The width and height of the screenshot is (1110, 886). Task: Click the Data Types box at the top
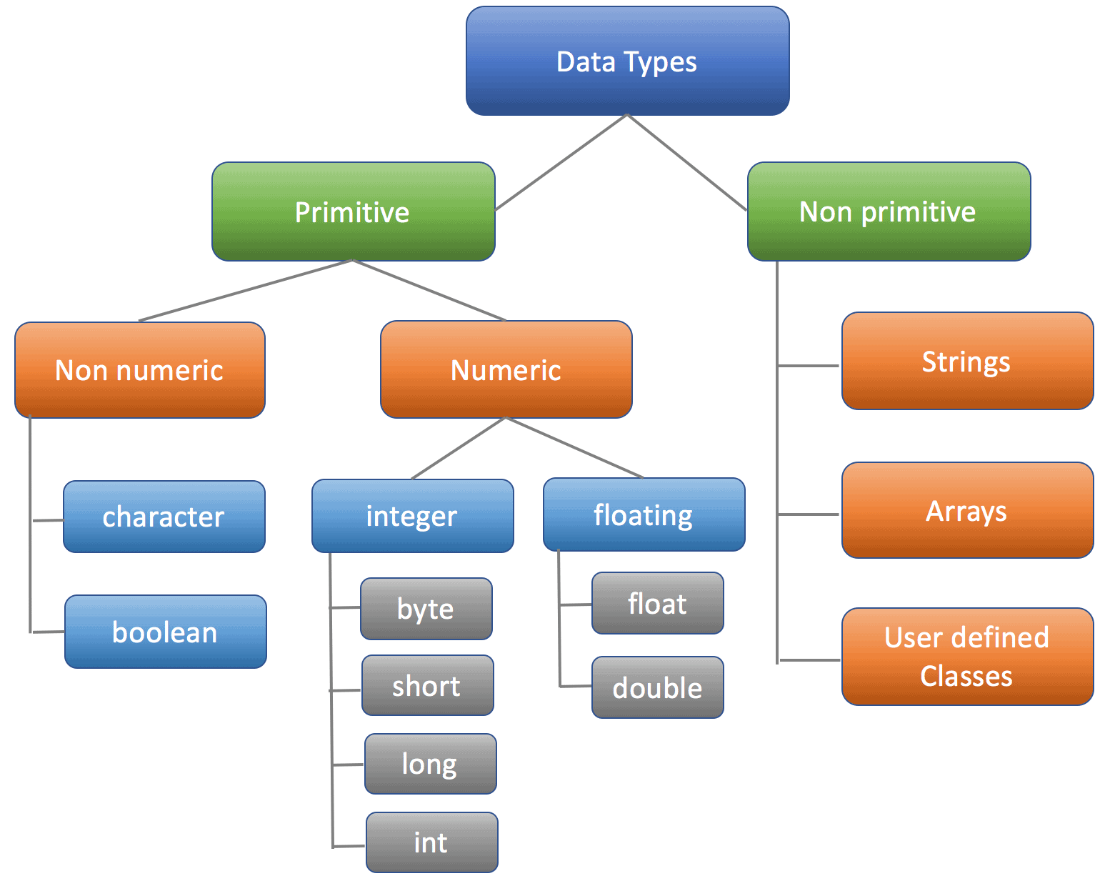click(x=627, y=61)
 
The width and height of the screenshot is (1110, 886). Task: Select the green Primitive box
click(x=353, y=211)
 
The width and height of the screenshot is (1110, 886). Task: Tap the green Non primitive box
click(x=889, y=211)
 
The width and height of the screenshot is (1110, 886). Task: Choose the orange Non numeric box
click(x=140, y=370)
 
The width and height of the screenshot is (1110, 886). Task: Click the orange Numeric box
click(x=506, y=370)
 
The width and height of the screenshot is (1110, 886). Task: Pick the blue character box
click(x=164, y=517)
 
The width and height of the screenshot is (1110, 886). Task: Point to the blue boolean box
click(x=165, y=632)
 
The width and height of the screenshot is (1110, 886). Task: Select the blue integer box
click(x=412, y=516)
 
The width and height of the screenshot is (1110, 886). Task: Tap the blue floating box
click(x=644, y=514)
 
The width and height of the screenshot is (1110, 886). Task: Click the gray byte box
click(x=426, y=609)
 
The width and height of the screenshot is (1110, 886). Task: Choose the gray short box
click(x=427, y=686)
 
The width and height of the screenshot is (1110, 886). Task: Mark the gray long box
click(x=430, y=764)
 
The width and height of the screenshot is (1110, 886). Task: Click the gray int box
click(x=431, y=842)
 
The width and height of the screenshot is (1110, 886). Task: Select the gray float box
click(x=657, y=604)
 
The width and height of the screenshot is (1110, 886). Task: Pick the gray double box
click(x=657, y=687)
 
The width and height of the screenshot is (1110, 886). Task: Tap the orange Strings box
click(x=967, y=361)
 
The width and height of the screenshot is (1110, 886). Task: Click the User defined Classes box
click(x=967, y=657)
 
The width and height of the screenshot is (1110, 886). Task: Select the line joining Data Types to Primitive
click(x=561, y=162)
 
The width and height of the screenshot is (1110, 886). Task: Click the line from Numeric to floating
click(x=574, y=447)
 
